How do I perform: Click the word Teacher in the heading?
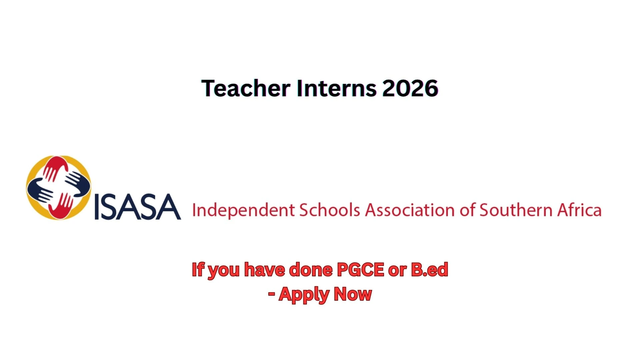tap(246, 88)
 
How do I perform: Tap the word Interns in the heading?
tap(337, 88)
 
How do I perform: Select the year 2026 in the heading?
tap(410, 88)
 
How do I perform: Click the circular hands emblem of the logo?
tap(59, 188)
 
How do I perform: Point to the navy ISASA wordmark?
tap(138, 207)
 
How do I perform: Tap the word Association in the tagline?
tap(410, 210)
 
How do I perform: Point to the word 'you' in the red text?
tap(224, 271)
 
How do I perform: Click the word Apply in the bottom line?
tap(304, 295)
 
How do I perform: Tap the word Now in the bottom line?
tap(353, 294)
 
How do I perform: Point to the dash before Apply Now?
tap(271, 294)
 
